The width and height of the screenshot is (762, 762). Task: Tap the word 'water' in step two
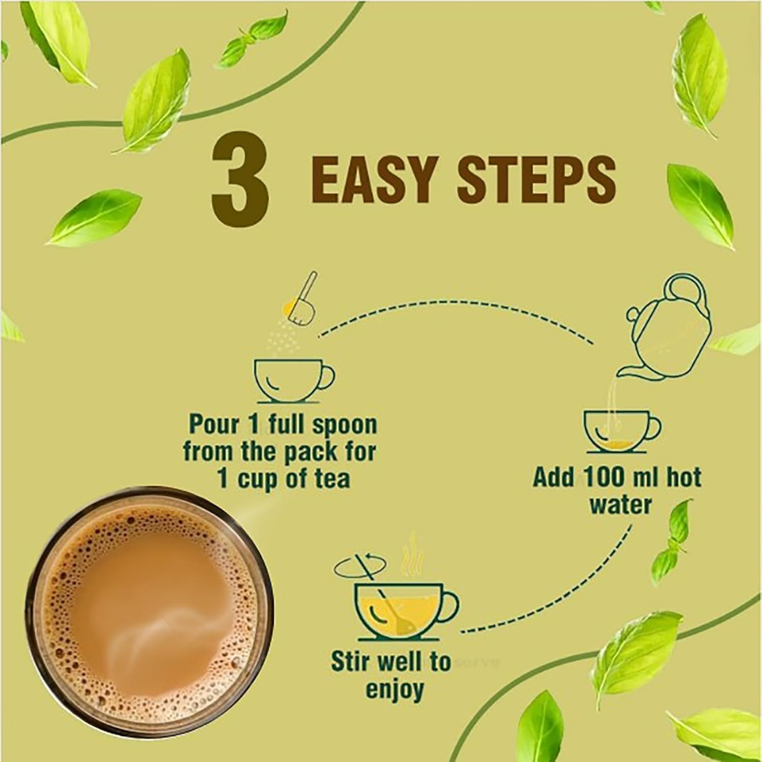click(x=622, y=505)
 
